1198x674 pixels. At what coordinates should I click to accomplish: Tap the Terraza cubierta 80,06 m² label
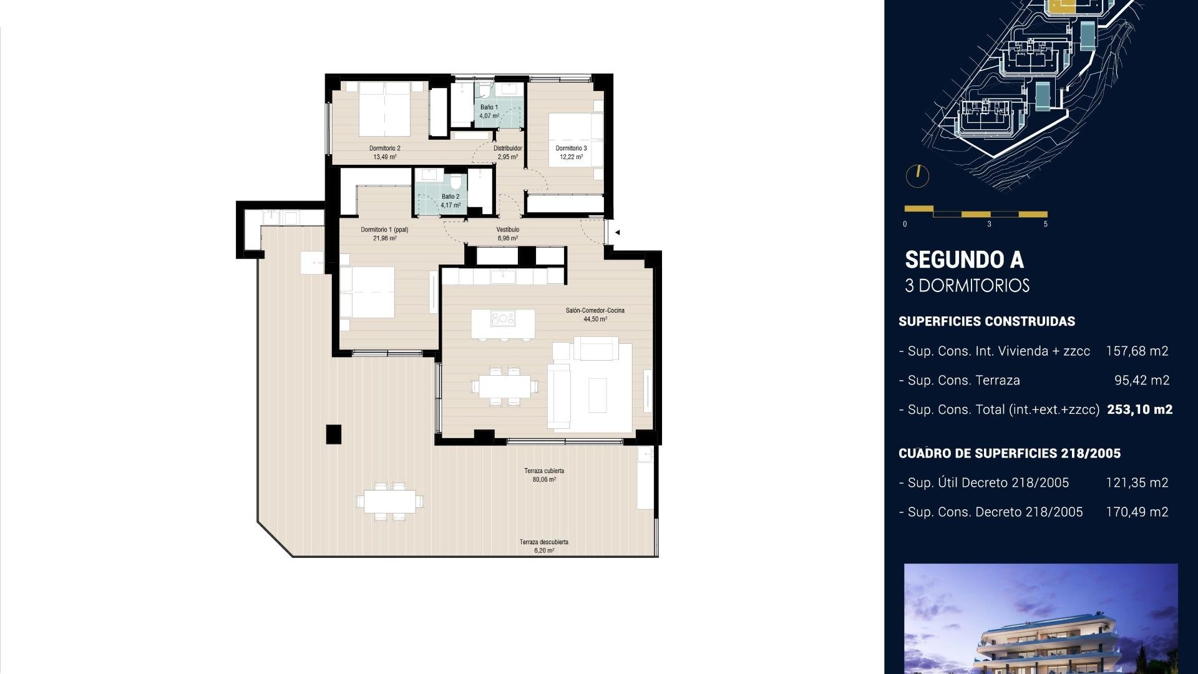tap(544, 475)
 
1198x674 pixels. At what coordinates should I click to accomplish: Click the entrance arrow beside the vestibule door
tap(617, 232)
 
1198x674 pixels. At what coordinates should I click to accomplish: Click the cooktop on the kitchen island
tap(503, 319)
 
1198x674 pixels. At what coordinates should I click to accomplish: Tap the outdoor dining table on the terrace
tap(390, 501)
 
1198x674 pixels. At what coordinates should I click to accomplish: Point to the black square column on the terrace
tap(334, 434)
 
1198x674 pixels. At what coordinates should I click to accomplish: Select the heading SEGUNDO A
tap(964, 260)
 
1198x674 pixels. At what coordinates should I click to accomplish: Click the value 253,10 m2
tap(1139, 409)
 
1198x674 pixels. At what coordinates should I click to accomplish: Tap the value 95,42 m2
tap(1141, 380)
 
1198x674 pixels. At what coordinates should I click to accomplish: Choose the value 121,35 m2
tap(1136, 482)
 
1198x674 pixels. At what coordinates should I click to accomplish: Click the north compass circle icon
tap(917, 175)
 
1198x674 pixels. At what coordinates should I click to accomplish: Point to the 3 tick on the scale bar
tap(989, 223)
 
